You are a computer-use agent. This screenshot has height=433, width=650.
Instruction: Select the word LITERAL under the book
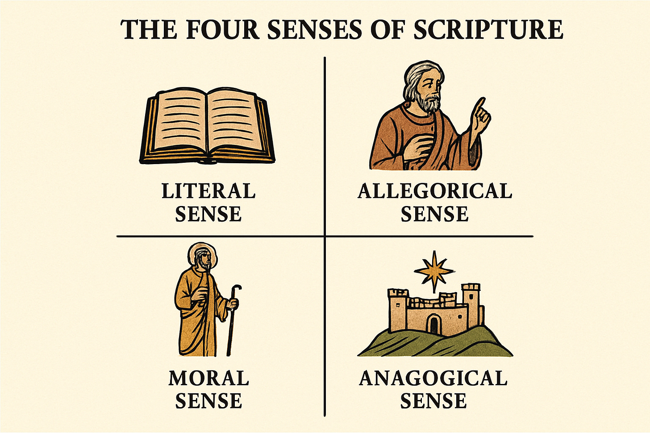pyautogui.click(x=208, y=191)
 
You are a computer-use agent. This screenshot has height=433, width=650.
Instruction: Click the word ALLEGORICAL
pyautogui.click(x=435, y=191)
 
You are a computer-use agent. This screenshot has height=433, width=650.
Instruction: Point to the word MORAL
pyautogui.click(x=208, y=378)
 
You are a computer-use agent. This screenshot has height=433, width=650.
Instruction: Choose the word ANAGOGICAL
pyautogui.click(x=433, y=379)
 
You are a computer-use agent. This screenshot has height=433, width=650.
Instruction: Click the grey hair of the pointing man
pyautogui.click(x=413, y=80)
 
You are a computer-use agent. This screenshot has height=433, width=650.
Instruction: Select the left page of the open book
pyautogui.click(x=178, y=120)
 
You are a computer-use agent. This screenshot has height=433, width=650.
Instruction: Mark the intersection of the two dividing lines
pyautogui.click(x=325, y=236)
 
